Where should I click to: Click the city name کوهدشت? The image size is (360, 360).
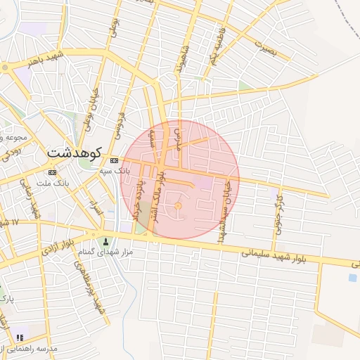point(75,152)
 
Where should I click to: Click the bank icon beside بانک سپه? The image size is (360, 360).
point(114,161)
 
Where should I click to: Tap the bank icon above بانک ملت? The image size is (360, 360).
point(52,172)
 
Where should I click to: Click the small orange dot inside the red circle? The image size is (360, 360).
point(178,205)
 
